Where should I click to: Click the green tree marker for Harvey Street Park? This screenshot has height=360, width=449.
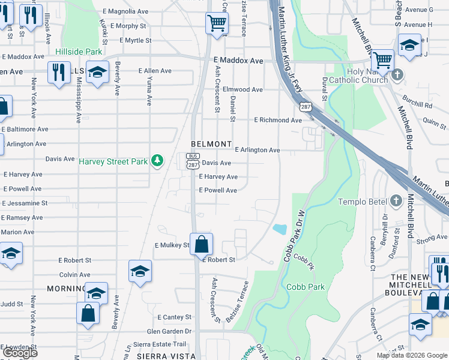pos(157,160)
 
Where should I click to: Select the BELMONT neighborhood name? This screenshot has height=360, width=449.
pos(211,144)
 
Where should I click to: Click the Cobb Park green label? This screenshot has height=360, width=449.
pos(306,287)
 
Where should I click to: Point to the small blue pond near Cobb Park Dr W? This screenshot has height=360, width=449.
pos(279,229)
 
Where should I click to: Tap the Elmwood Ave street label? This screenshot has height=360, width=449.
pos(243,89)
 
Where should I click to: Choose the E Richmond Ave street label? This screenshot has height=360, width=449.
pos(277,120)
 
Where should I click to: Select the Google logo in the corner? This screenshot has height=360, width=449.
pos(20,353)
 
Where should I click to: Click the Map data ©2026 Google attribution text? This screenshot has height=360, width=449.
pos(411,355)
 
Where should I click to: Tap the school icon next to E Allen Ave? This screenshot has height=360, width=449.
pos(97,73)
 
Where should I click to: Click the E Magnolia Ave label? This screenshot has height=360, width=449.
pos(125,11)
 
